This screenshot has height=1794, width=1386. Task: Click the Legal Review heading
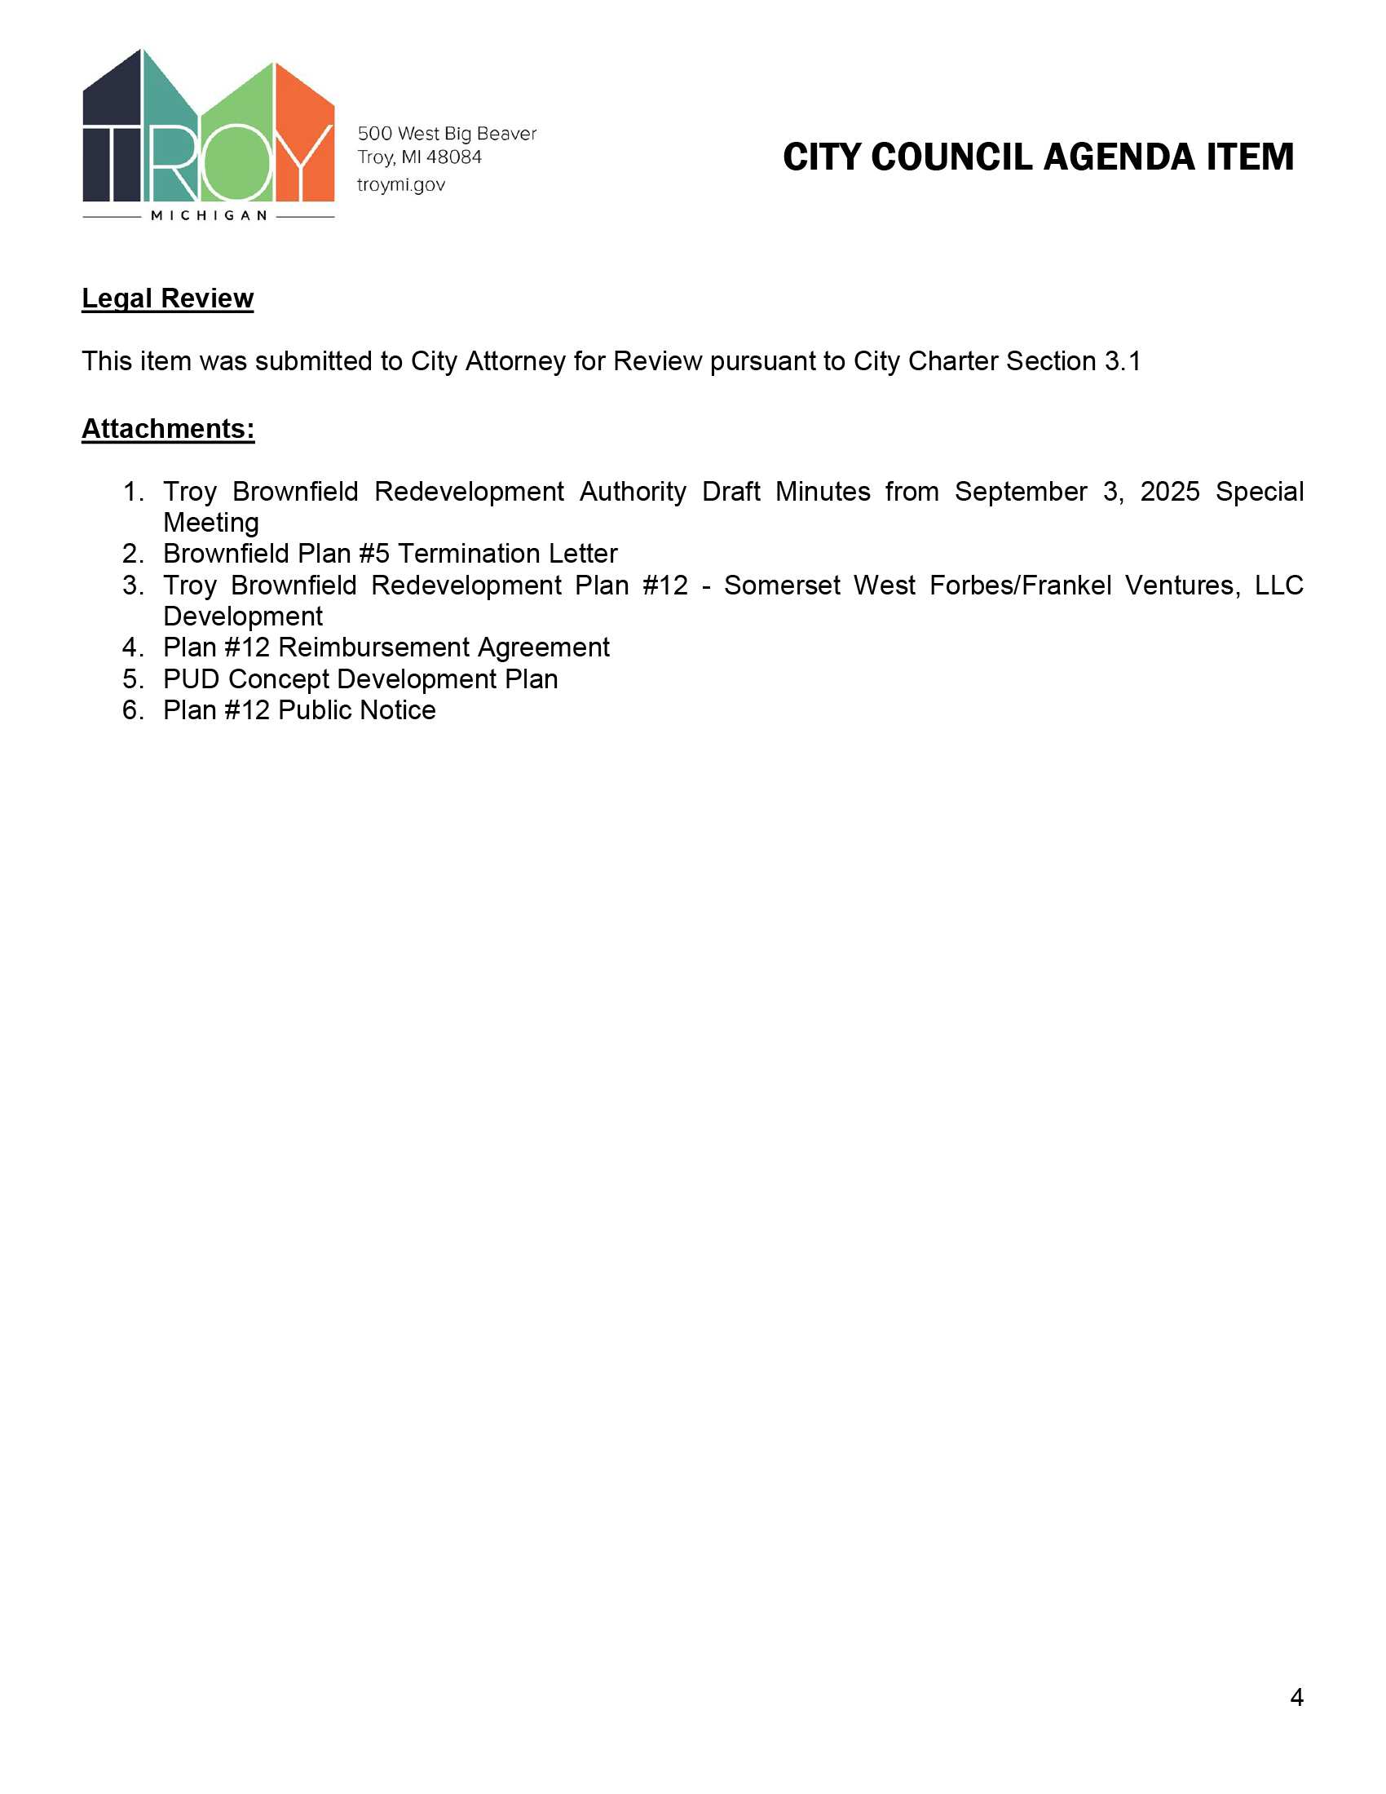[x=167, y=298]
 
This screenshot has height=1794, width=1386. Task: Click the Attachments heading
[x=167, y=429]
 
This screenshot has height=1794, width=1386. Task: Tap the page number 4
[x=1296, y=1697]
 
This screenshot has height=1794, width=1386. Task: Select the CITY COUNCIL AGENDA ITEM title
[x=1038, y=157]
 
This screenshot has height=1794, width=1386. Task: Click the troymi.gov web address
[x=400, y=185]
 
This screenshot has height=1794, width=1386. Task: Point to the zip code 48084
[x=453, y=157]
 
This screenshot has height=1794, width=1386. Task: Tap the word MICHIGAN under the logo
[x=209, y=216]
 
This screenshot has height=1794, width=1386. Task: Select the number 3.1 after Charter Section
[x=1123, y=361]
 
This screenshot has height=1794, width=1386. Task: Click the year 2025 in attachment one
[x=1169, y=491]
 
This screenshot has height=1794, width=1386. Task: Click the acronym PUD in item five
[x=192, y=679]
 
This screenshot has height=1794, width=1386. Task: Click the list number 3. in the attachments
[x=133, y=585]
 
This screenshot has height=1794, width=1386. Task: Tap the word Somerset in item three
[x=782, y=585]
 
